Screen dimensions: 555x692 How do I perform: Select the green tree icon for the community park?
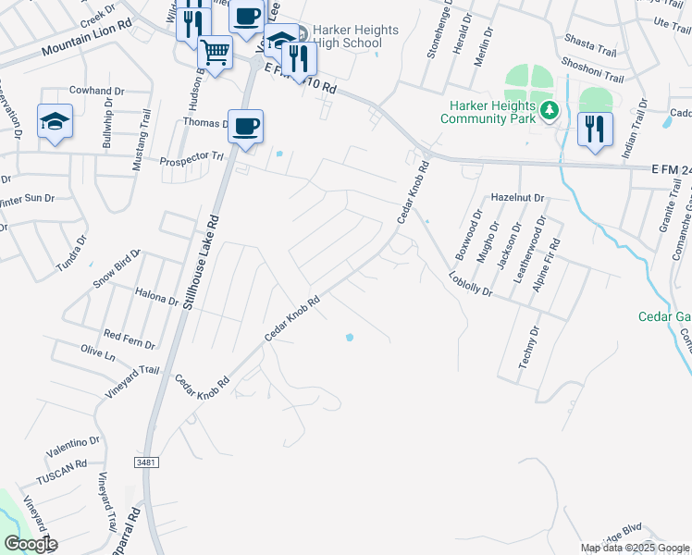click(550, 111)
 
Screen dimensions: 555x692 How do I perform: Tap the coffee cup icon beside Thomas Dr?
click(245, 126)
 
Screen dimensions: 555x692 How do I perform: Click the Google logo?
click(30, 544)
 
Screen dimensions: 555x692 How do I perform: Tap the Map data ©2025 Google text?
click(635, 548)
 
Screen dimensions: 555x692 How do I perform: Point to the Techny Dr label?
click(529, 348)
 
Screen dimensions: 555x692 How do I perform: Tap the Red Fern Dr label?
click(130, 338)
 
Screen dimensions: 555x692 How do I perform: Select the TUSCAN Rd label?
click(61, 464)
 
